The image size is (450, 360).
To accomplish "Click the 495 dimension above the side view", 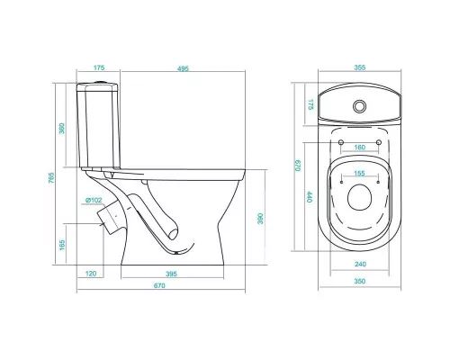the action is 183,68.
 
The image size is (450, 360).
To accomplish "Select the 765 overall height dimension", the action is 51,177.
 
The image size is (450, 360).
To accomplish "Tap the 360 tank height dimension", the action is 62,129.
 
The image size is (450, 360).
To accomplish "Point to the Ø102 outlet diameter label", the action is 94,200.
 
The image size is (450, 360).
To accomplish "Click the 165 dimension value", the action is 62,245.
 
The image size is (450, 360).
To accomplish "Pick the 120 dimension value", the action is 91,274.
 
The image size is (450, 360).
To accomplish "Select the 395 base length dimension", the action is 171,274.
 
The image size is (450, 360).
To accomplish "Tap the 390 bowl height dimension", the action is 260,219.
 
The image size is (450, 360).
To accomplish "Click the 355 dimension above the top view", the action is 360,67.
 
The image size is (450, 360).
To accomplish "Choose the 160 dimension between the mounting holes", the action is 360,148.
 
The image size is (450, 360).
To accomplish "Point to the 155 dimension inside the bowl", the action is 359,173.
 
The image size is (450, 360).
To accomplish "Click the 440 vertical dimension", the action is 310,197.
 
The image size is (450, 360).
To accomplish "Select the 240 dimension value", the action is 360,264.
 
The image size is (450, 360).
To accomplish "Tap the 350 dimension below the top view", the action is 360,281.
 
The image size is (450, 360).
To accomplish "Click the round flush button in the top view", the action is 359,106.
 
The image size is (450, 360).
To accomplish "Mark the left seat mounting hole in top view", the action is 341,142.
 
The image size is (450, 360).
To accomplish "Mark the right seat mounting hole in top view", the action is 379,142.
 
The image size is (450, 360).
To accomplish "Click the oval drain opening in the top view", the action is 360,197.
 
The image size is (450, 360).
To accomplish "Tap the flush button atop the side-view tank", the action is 99,82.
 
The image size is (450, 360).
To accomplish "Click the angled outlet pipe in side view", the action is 110,217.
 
